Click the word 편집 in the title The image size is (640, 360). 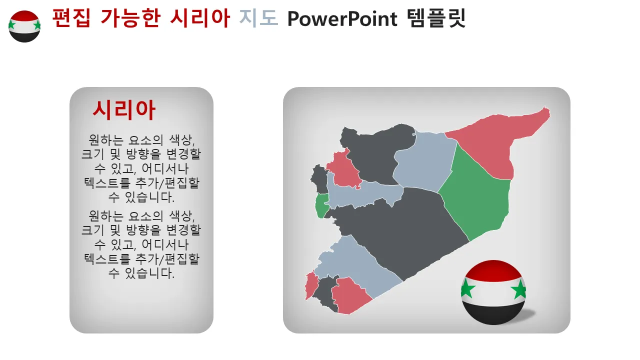click(71, 18)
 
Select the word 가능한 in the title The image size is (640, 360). click(130, 18)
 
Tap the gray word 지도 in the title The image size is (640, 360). click(258, 18)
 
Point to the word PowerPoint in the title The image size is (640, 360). click(342, 19)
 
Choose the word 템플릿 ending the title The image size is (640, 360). click(436, 18)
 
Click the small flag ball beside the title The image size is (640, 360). click(24, 26)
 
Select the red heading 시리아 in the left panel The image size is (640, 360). click(124, 110)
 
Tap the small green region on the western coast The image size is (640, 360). click(321, 205)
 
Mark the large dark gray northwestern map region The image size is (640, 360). click(374, 151)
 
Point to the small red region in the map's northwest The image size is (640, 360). click(344, 170)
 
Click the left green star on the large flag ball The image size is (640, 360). click(467, 288)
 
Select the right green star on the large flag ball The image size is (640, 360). click(519, 289)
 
